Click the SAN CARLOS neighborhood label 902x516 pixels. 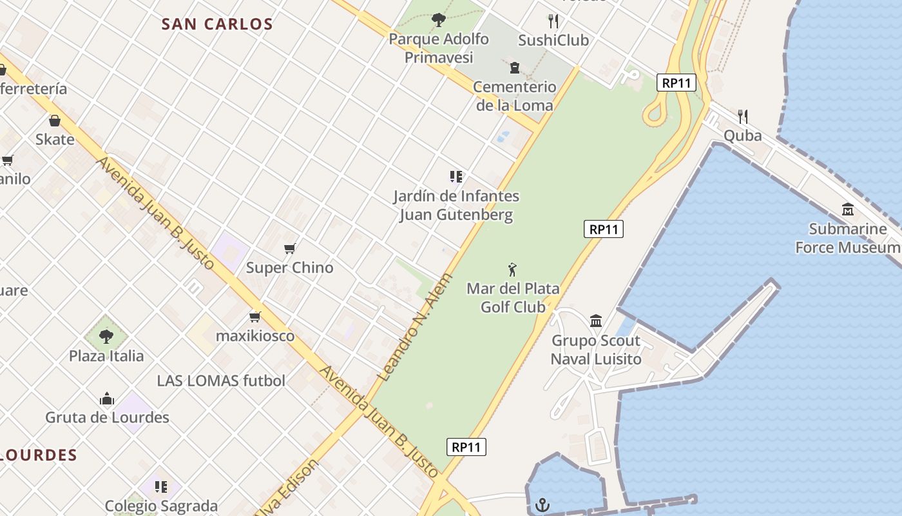[217, 25]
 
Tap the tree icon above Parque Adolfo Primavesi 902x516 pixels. [439, 20]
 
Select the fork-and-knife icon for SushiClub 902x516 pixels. [553, 21]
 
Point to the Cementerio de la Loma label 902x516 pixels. [514, 95]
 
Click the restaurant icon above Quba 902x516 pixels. [743, 117]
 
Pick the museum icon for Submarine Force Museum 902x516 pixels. [848, 210]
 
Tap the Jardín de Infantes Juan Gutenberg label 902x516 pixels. [456, 205]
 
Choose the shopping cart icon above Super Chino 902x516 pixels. [290, 248]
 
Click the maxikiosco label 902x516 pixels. [255, 336]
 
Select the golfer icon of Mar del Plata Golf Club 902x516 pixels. [513, 270]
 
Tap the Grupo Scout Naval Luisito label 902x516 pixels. [596, 350]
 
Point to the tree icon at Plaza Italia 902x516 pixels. [106, 336]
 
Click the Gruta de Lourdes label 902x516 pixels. [107, 417]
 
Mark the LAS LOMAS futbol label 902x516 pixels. [221, 381]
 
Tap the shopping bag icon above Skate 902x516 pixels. [55, 121]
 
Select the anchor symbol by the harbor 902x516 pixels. [542, 504]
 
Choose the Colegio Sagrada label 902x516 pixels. [161, 506]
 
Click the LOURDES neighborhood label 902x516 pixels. [39, 455]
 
